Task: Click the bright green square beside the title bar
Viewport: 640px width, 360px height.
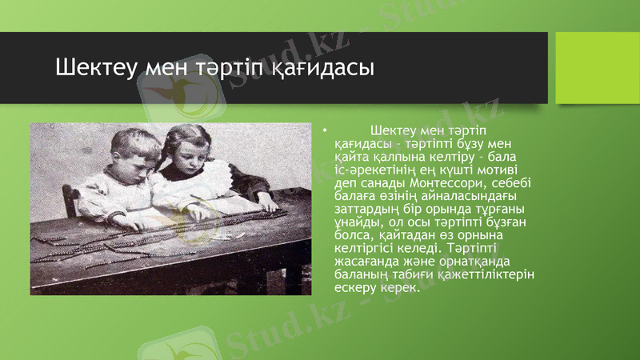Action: [592, 68]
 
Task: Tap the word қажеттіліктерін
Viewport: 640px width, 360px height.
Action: [491, 274]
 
